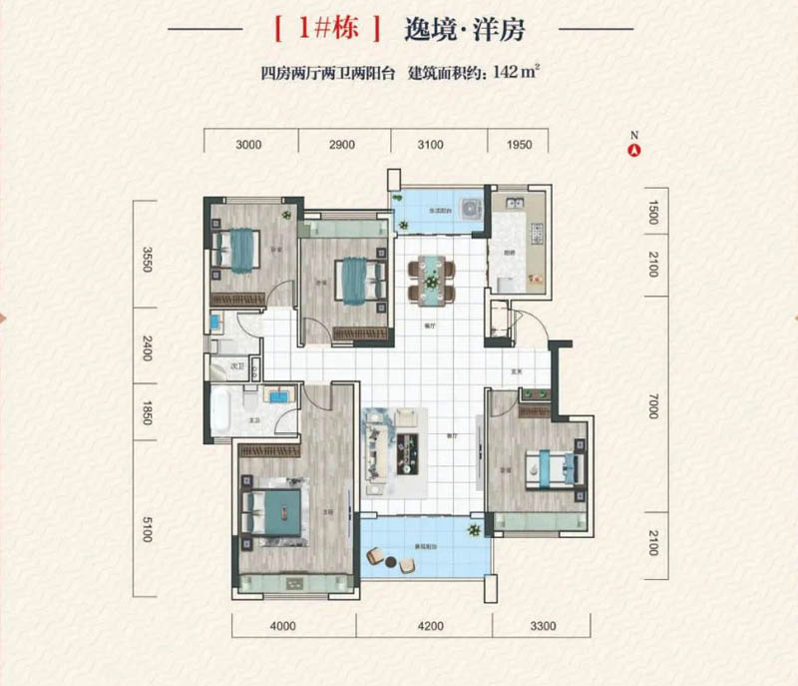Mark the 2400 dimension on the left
coord(147,349)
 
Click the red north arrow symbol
coord(632,151)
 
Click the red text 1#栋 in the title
coord(325,30)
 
